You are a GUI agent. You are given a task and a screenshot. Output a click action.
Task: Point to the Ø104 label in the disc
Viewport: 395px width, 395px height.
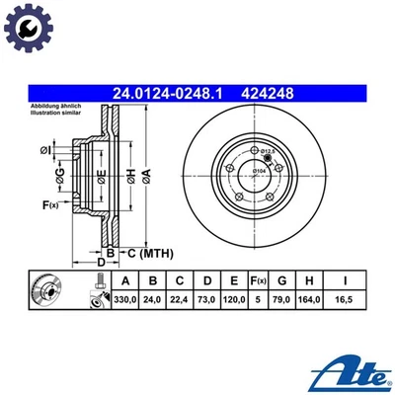click(262, 172)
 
